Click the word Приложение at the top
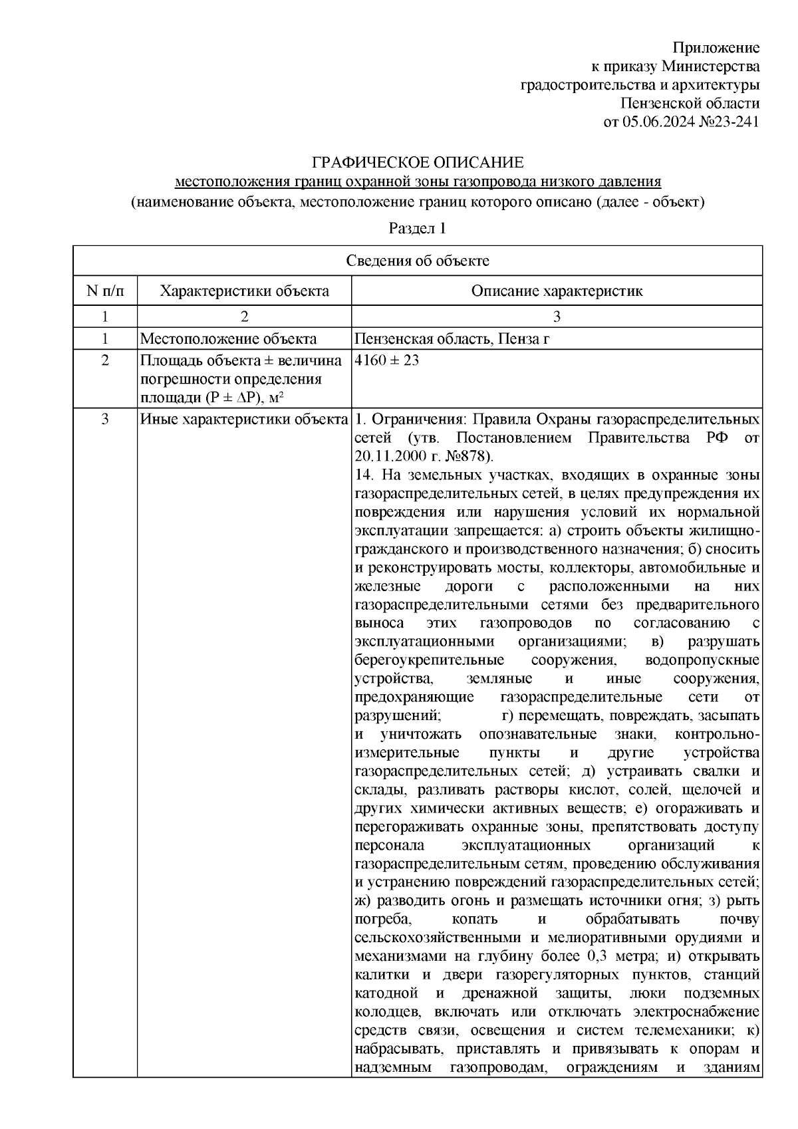click(716, 48)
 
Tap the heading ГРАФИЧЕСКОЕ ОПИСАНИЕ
click(418, 163)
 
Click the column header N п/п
click(105, 291)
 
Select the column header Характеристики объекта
click(245, 291)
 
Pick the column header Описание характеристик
click(557, 291)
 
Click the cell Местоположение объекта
click(228, 339)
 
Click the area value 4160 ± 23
click(387, 361)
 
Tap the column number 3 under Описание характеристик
click(557, 316)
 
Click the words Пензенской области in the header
click(690, 104)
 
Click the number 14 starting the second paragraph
click(363, 475)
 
